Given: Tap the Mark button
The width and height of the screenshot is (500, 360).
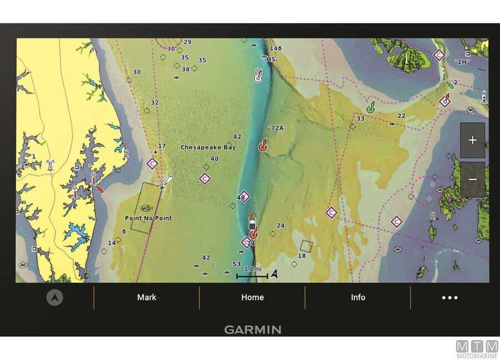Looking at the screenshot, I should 147,297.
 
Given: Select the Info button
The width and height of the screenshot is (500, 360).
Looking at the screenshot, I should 358,297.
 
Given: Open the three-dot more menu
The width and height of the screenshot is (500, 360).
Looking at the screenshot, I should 449,297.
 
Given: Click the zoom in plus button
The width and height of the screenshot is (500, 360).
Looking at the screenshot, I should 472,141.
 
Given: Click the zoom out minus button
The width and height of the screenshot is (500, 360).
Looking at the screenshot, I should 472,179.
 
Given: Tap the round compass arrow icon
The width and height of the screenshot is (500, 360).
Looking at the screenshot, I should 54,297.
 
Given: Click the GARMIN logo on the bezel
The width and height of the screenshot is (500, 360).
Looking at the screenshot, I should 253,329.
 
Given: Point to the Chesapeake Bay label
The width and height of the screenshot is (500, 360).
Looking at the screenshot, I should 208,147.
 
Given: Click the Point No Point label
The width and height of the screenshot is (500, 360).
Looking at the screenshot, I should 148,218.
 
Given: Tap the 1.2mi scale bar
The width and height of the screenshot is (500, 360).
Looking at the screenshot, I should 253,272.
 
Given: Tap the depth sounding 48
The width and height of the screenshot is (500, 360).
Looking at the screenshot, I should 241,197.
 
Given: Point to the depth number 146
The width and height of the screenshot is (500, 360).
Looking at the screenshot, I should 276,48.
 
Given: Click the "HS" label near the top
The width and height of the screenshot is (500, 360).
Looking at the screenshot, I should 271,59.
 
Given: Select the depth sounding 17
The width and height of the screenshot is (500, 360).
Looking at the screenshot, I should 162,146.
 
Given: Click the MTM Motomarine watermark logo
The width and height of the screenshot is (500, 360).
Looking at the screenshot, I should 477,349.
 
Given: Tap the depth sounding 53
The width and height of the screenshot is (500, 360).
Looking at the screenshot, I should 237,264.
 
